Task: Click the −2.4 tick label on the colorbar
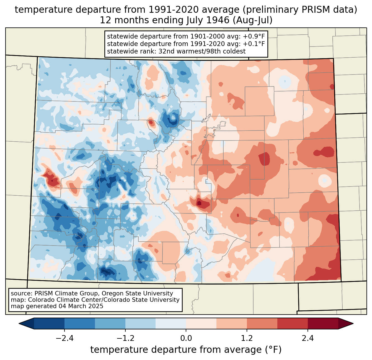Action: [64, 338]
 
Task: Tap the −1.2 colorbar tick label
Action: [125, 338]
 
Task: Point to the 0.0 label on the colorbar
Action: [186, 338]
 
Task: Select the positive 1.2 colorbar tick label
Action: [247, 338]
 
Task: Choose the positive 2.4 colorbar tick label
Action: [308, 338]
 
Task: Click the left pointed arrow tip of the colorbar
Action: [19, 324]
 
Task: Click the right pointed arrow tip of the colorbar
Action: [353, 324]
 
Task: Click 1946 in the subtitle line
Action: [220, 20]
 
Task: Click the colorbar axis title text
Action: [186, 350]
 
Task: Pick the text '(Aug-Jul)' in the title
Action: [252, 20]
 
